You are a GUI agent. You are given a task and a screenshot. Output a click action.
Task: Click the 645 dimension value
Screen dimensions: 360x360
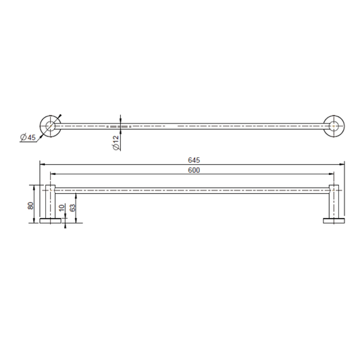click(194, 160)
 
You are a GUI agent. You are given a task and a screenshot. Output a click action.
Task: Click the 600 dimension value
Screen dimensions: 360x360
click(194, 170)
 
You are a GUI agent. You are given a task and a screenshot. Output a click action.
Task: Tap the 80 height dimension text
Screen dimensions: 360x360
click(30, 205)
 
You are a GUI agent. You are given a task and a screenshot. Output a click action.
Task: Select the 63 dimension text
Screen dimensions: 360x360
click(72, 207)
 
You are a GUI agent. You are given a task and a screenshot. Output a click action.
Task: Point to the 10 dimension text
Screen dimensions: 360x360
click(62, 208)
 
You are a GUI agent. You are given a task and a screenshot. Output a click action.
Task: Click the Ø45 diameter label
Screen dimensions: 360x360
click(28, 138)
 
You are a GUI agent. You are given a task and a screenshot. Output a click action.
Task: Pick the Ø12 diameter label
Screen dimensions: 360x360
click(116, 143)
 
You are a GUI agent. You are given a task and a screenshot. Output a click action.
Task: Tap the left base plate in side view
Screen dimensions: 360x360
click(50, 221)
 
